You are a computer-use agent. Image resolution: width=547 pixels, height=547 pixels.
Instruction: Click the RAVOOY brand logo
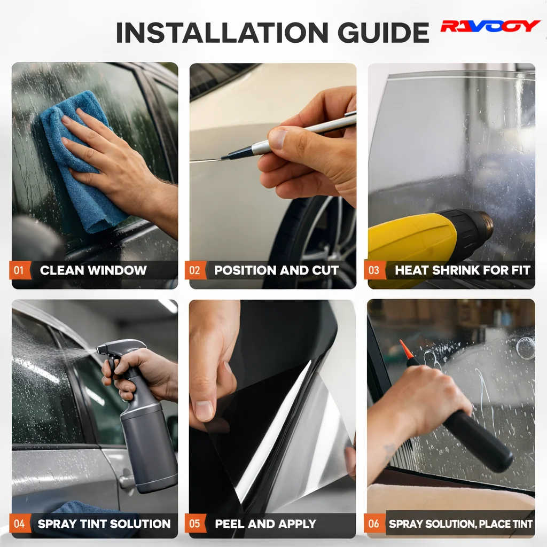[x=490, y=26]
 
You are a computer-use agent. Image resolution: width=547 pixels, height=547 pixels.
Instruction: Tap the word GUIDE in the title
[x=384, y=33]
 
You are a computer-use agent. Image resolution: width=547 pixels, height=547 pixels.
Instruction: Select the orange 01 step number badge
[x=20, y=270]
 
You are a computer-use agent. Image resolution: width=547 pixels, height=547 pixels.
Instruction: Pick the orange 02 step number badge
[x=195, y=270]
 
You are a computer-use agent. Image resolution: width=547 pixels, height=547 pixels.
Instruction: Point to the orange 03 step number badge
[x=374, y=270]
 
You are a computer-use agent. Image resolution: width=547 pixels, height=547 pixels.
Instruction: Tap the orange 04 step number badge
[x=20, y=523]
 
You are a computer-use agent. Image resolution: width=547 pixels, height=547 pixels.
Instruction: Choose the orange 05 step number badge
[x=195, y=523]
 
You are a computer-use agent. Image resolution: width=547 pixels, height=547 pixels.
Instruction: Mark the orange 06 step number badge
[x=374, y=523]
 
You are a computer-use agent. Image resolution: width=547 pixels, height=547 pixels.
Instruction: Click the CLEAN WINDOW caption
[x=93, y=270]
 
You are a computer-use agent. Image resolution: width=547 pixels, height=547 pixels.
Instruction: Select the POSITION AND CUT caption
[x=276, y=270]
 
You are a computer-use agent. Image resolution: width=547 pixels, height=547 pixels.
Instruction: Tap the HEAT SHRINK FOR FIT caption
[x=463, y=270]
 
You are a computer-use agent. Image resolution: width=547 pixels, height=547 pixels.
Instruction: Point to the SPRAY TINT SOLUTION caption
[x=104, y=523]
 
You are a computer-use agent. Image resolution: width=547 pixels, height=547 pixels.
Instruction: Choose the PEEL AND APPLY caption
[x=265, y=523]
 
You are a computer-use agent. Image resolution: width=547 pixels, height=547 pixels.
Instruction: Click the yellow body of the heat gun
[x=412, y=244]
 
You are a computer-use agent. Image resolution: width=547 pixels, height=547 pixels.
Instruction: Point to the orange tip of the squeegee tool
[x=406, y=349]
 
